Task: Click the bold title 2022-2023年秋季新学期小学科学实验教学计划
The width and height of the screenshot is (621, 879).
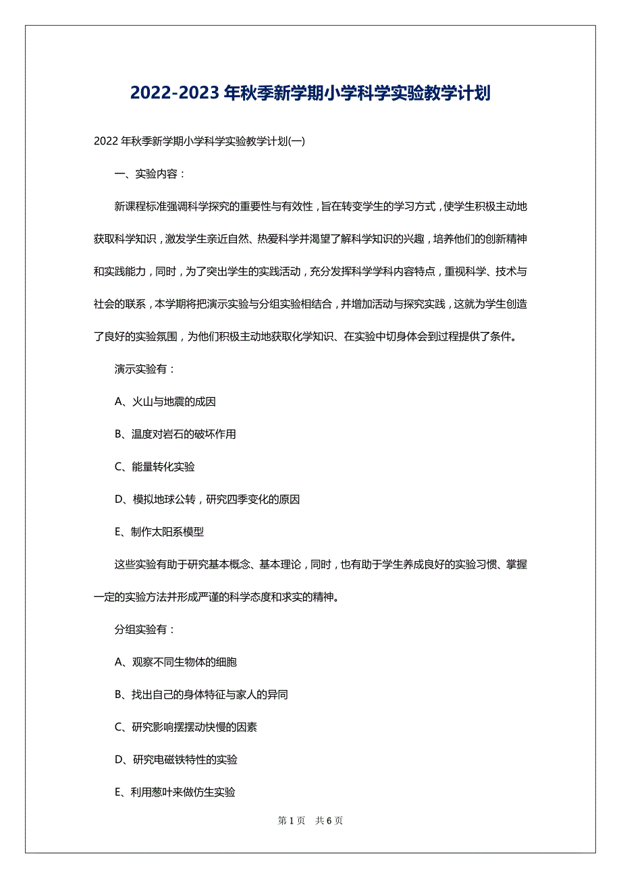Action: point(310,93)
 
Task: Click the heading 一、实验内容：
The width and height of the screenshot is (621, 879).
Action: point(150,174)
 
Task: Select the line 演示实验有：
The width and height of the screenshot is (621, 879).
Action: point(145,369)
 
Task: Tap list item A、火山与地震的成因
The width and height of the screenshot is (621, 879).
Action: point(165,402)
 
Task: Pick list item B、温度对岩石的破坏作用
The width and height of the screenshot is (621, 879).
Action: point(175,434)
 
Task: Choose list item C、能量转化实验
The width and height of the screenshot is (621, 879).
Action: point(155,467)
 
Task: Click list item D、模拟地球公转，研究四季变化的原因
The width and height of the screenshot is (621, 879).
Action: point(207,500)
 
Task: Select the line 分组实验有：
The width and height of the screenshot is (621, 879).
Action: point(145,630)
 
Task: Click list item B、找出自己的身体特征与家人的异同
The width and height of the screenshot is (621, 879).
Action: point(202,695)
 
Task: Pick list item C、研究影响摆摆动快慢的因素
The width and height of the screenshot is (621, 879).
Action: point(186,727)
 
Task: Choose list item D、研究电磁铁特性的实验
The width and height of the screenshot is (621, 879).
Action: point(176,760)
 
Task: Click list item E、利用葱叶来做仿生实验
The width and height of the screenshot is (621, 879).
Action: point(175,793)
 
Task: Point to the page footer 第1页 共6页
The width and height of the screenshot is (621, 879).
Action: point(310,821)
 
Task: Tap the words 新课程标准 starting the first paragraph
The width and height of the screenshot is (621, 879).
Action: point(140,207)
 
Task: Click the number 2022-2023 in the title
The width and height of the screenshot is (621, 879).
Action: point(174,93)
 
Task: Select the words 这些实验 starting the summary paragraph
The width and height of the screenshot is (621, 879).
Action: point(135,564)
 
